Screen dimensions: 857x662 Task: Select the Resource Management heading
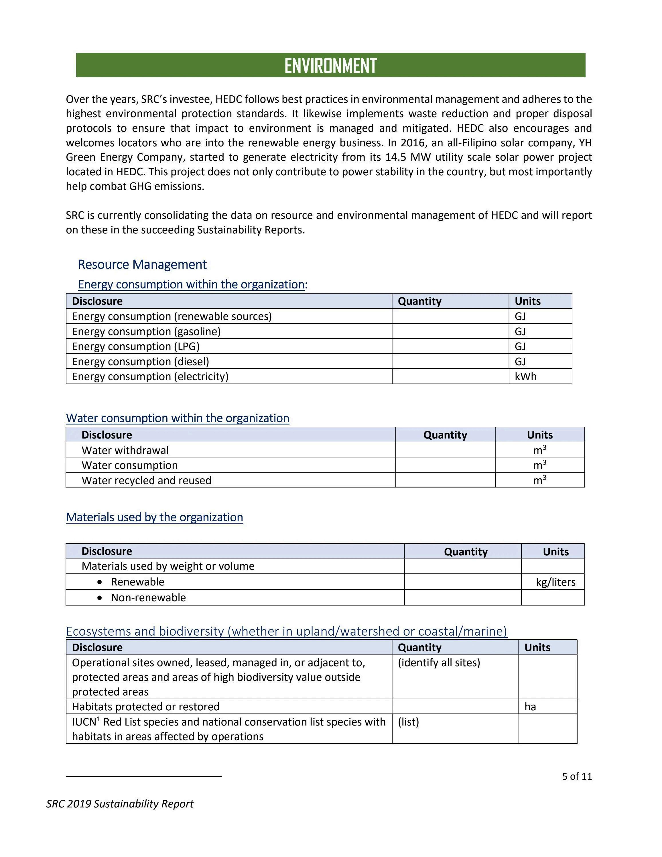pyautogui.click(x=142, y=264)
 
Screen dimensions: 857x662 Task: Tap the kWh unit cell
pyautogui.click(x=525, y=376)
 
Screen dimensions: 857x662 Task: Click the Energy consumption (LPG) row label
pyautogui.click(x=136, y=347)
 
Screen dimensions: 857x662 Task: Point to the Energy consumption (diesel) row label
pyautogui.click(x=140, y=361)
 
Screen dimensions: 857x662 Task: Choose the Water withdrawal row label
pyautogui.click(x=125, y=450)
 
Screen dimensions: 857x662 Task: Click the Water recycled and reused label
pyautogui.click(x=146, y=480)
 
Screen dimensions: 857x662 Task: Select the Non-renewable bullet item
pyautogui.click(x=148, y=597)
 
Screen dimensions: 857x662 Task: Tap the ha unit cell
pyautogui.click(x=530, y=707)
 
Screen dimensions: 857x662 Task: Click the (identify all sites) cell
pyautogui.click(x=439, y=663)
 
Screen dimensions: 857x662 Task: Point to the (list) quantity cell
pyautogui.click(x=408, y=722)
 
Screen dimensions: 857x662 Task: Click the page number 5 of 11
pyautogui.click(x=576, y=776)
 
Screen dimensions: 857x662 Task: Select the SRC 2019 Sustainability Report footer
pyautogui.click(x=120, y=804)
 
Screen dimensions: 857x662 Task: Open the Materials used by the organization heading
pyautogui.click(x=155, y=517)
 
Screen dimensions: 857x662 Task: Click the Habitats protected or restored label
pyautogui.click(x=145, y=707)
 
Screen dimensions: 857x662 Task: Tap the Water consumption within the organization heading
pyautogui.click(x=177, y=418)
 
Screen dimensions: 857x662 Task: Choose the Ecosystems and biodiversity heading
pyautogui.click(x=286, y=631)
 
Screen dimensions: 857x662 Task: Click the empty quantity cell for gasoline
pyautogui.click(x=450, y=332)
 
